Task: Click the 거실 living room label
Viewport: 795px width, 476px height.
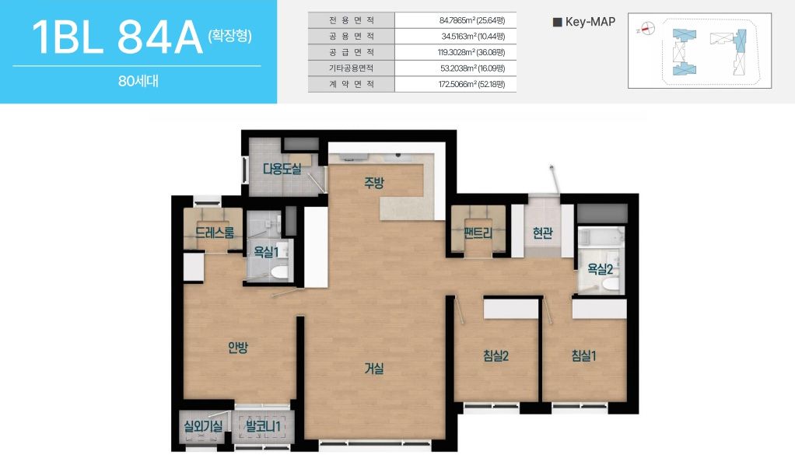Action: click(374, 369)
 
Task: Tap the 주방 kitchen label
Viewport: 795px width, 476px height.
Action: click(374, 183)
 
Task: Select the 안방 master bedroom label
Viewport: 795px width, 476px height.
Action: click(238, 347)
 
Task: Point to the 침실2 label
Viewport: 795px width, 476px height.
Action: click(496, 355)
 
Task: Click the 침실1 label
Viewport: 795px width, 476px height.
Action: click(583, 355)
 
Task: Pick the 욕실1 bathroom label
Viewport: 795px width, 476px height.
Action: click(266, 251)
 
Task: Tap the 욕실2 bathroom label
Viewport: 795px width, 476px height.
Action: click(601, 268)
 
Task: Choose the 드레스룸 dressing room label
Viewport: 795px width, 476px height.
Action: click(215, 233)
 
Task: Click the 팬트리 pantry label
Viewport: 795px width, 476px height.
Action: click(478, 233)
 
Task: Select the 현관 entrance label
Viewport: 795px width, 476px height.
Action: click(542, 233)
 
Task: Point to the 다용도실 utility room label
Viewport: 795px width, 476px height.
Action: click(282, 168)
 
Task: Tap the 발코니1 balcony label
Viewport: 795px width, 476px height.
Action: click(263, 425)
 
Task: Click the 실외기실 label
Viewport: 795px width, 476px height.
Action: click(203, 425)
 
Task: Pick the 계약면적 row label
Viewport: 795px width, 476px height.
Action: click(352, 84)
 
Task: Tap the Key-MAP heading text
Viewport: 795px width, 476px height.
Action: click(590, 22)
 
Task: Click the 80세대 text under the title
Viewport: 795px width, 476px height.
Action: click(138, 81)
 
